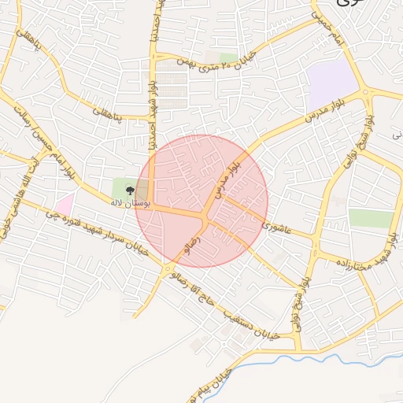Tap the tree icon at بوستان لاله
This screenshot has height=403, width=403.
pos(130,190)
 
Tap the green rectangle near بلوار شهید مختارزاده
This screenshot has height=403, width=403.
pos(370,219)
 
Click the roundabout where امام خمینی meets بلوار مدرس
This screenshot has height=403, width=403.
pos(365,92)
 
